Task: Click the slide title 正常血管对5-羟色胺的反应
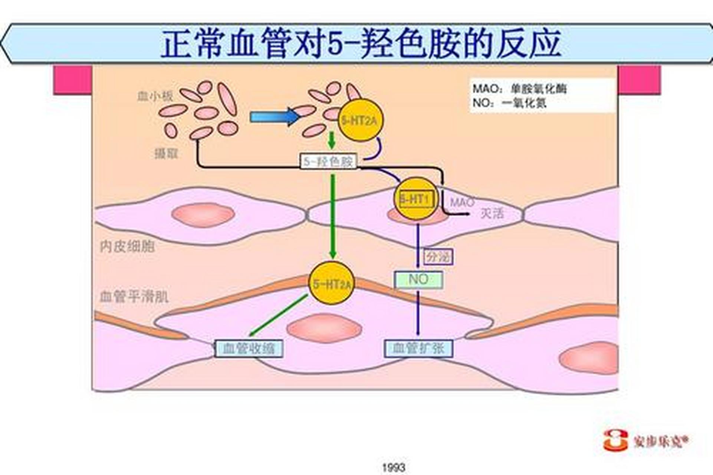coord(361,43)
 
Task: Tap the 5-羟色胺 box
coord(328,161)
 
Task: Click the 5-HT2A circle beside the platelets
coord(360,120)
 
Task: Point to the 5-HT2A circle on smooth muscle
coord(331,284)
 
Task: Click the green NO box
coord(418,280)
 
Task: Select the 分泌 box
coord(438,256)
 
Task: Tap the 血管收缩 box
coord(249,348)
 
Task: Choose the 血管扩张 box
coord(418,348)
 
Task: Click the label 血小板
coord(155,96)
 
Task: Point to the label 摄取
coord(166,153)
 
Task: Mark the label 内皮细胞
coord(127,246)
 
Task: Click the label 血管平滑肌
coord(134,297)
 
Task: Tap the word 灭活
coord(492,214)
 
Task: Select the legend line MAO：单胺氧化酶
coord(519,89)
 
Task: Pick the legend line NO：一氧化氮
coord(509,103)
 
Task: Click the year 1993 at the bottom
coord(394,467)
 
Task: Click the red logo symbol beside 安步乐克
coord(615,440)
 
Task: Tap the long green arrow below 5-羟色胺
coord(333,215)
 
